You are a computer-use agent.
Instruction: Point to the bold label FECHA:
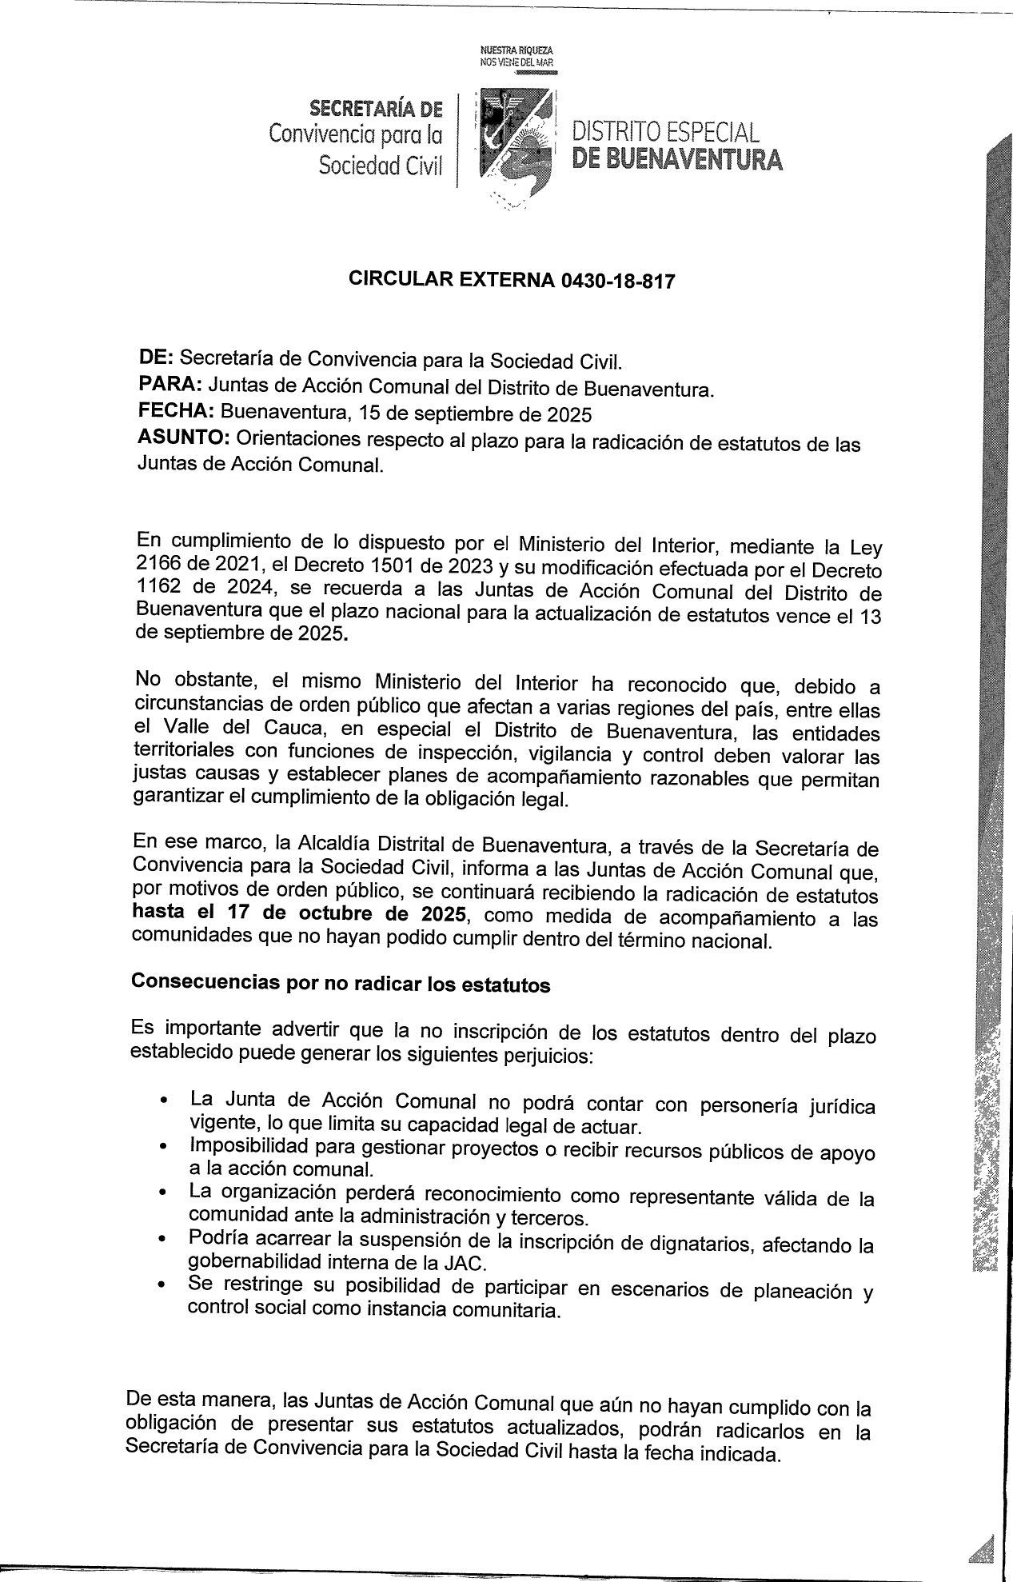click(x=175, y=411)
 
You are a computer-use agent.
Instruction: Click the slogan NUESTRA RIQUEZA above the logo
click(x=516, y=50)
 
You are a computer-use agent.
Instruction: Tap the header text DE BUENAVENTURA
click(x=677, y=161)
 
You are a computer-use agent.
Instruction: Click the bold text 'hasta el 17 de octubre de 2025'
click(x=298, y=916)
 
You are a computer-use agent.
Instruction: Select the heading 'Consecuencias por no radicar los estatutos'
click(x=340, y=983)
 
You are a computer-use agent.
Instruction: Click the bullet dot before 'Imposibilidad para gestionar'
click(x=163, y=1148)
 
